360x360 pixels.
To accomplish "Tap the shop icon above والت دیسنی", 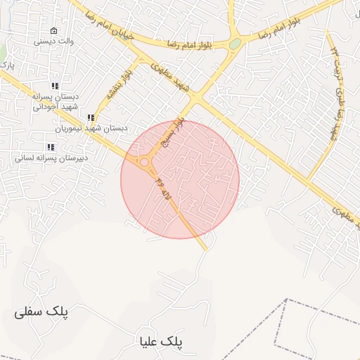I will pyautogui.click(x=54, y=31).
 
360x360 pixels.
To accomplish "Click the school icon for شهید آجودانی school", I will pyautogui.click(x=55, y=86).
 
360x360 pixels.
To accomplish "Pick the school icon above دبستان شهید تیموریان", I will pyautogui.click(x=90, y=118).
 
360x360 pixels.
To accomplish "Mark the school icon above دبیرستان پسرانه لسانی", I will pyautogui.click(x=51, y=146).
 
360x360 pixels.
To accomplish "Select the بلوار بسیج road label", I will pyautogui.click(x=174, y=131).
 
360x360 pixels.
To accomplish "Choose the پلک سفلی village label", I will pyautogui.click(x=42, y=312).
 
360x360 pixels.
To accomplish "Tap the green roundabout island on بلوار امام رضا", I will pyautogui.click(x=235, y=44).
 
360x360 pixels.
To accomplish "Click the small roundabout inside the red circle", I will pyautogui.click(x=144, y=162).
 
